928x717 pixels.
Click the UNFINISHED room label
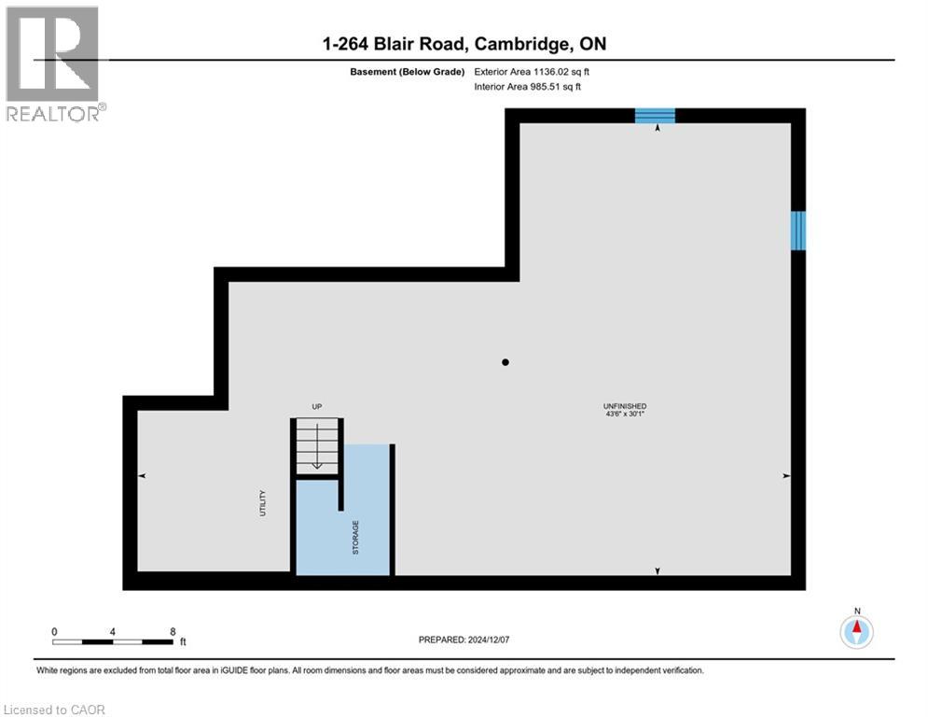624,406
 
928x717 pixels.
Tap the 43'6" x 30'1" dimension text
624,415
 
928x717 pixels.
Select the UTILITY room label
264,503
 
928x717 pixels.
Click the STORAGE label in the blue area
355,538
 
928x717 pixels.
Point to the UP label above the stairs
316,407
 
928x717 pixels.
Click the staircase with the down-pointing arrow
317,446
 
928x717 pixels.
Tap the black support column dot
506,362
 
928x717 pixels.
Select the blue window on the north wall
655,116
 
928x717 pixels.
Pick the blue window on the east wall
798,231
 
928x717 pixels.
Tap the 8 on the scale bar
173,632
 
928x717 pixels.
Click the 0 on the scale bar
54,632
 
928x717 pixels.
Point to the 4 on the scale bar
113,632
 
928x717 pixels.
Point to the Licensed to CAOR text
55,710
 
